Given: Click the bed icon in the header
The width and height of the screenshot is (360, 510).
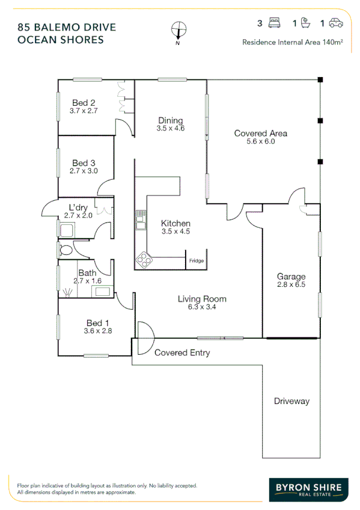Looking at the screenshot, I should (276, 23).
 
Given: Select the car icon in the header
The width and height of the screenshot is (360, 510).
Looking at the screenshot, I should (336, 23).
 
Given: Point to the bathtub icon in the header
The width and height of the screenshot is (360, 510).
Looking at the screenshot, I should (305, 23).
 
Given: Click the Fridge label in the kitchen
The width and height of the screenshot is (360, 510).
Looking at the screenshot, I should (196, 260).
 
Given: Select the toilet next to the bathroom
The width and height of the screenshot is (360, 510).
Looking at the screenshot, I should (66, 249).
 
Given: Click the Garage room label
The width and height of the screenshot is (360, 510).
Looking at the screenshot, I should (291, 277).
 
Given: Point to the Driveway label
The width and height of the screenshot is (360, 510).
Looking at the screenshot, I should (291, 401).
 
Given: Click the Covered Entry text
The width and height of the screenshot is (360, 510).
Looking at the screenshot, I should (182, 353).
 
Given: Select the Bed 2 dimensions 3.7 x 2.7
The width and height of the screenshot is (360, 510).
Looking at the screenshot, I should (84, 111).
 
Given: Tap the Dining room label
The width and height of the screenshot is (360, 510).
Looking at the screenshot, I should (170, 120).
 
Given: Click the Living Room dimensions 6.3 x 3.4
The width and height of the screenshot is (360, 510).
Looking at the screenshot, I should (201, 307).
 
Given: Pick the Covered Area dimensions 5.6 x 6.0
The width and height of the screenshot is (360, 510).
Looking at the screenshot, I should (260, 142).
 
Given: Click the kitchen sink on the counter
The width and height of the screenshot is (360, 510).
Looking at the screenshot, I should (141, 221).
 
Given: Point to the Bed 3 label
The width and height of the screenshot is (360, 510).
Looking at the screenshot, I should (84, 162).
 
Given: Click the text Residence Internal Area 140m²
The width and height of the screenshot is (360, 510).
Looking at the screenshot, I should (293, 42).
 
